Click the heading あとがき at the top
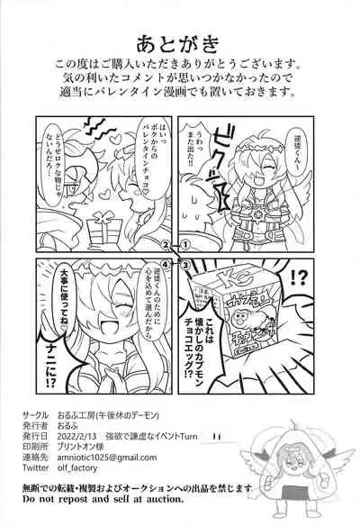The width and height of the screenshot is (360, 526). tap(180, 42)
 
